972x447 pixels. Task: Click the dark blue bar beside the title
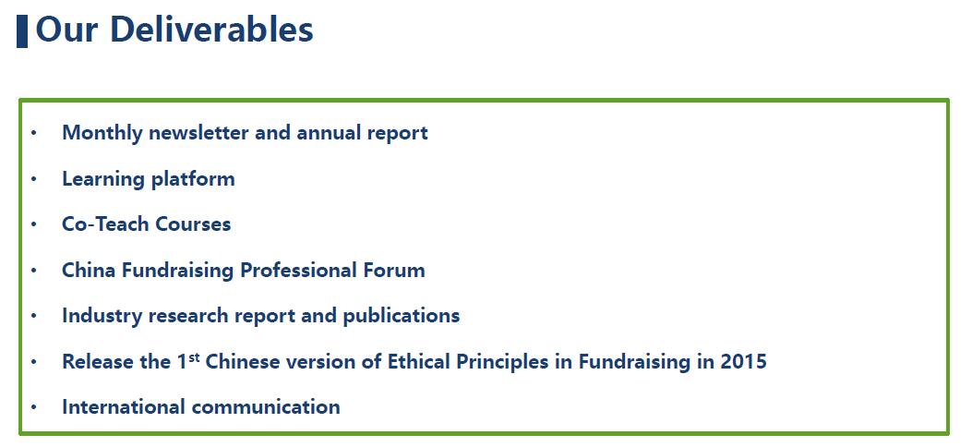pyautogui.click(x=22, y=31)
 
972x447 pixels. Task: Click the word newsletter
pyautogui.click(x=199, y=133)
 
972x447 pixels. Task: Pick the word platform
pyautogui.click(x=193, y=179)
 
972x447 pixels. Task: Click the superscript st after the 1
pyautogui.click(x=194, y=356)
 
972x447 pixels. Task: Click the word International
pyautogui.click(x=124, y=407)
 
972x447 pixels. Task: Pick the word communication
pyautogui.click(x=266, y=407)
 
